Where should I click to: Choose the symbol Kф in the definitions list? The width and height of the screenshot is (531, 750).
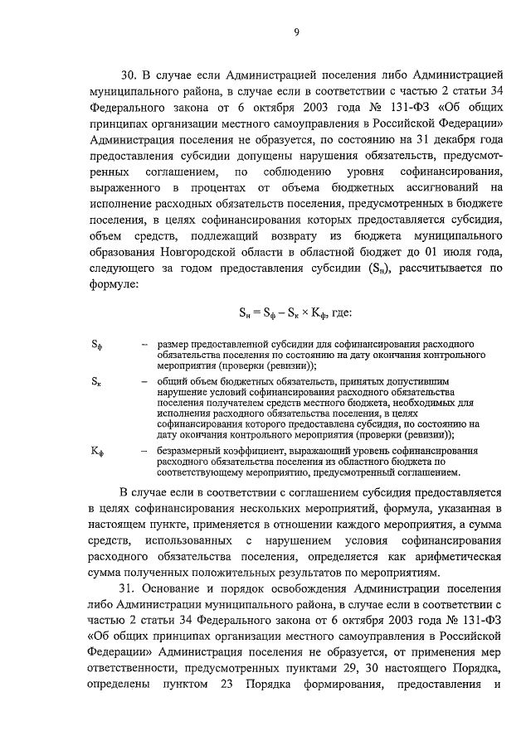(98, 451)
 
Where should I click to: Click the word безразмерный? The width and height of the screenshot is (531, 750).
(190, 451)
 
